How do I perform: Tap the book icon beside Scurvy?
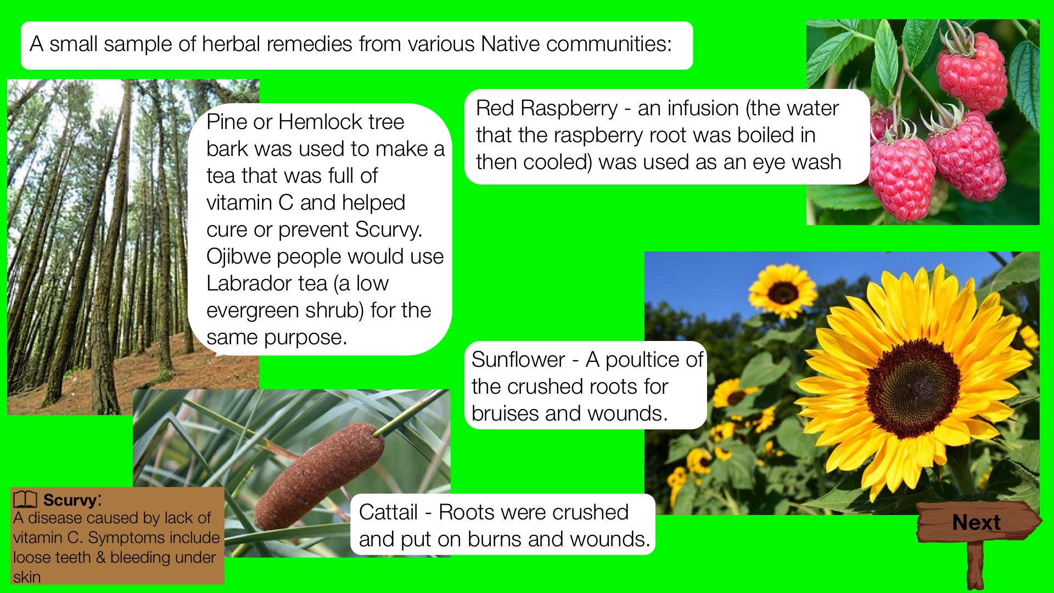coord(25,500)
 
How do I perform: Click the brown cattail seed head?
coord(319,475)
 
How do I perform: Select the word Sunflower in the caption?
coord(518,360)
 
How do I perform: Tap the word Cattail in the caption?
coord(388,512)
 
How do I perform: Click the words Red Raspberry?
coord(547,109)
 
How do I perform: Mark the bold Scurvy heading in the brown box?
coord(70,500)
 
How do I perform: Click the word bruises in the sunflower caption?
coord(505,413)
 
